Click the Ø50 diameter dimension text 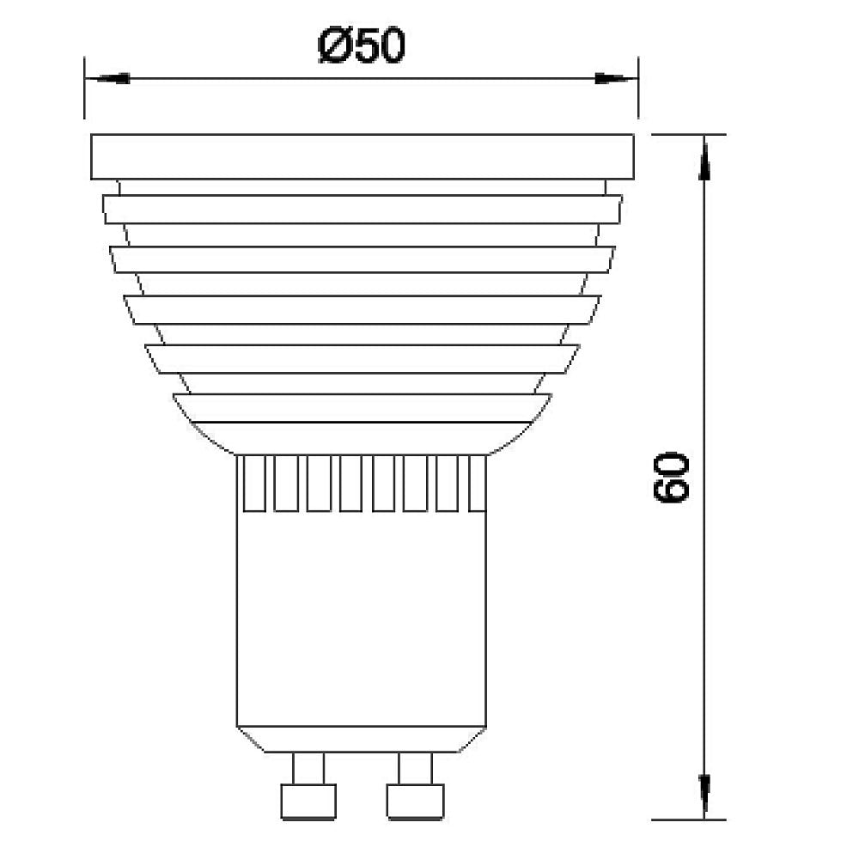360,46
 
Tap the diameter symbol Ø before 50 333,47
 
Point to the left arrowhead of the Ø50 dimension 107,78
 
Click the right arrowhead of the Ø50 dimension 615,78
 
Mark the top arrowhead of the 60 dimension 704,159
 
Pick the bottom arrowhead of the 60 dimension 704,795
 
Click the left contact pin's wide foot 308,801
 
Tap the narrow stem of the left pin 308,768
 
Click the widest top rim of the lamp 362,157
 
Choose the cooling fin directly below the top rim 362,210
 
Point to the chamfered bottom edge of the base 362,739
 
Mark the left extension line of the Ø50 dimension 84,94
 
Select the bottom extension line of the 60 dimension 687,819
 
